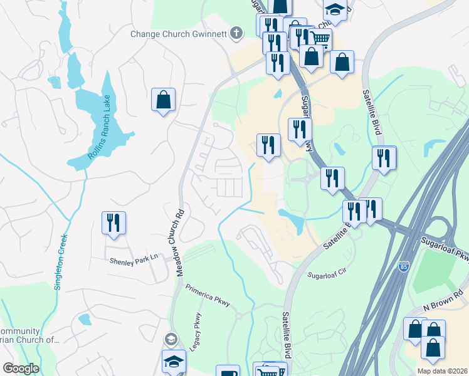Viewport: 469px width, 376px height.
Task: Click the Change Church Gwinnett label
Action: pyautogui.click(x=178, y=34)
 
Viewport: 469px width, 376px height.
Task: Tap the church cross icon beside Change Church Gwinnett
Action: pyautogui.click(x=236, y=33)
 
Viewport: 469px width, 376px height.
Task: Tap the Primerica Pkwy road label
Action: pyautogui.click(x=208, y=296)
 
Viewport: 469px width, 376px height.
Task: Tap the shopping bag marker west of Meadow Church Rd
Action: pyautogui.click(x=163, y=100)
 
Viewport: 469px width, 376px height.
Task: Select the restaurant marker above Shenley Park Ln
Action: pyautogui.click(x=113, y=224)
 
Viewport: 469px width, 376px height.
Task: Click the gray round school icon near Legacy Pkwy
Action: pyautogui.click(x=170, y=340)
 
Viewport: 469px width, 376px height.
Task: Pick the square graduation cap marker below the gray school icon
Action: pyautogui.click(x=174, y=362)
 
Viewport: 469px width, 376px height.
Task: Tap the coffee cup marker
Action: pyautogui.click(x=228, y=372)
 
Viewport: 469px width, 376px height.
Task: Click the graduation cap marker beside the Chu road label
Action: pyautogui.click(x=335, y=11)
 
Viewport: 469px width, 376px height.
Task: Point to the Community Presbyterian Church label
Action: pyautogui.click(x=28, y=336)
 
